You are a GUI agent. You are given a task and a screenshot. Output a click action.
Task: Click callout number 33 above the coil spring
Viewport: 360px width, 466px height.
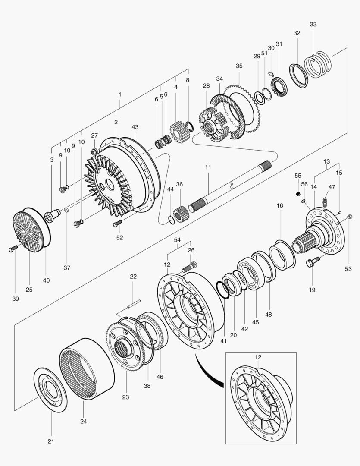tap(313, 25)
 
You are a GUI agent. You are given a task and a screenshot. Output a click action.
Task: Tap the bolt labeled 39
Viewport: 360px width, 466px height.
tap(13, 249)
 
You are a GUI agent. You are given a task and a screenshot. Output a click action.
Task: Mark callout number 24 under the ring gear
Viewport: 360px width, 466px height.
tap(84, 421)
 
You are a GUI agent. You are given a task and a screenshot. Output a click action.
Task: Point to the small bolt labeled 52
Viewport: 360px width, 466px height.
tap(117, 223)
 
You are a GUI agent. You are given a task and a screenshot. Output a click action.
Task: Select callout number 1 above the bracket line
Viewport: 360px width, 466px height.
tap(120, 94)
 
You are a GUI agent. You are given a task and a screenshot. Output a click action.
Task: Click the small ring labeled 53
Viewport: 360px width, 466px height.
tap(350, 216)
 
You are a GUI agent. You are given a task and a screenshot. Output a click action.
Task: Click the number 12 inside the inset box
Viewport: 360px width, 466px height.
tap(258, 357)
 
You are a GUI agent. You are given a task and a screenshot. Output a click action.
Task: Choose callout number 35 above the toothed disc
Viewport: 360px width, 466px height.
tap(239, 66)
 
